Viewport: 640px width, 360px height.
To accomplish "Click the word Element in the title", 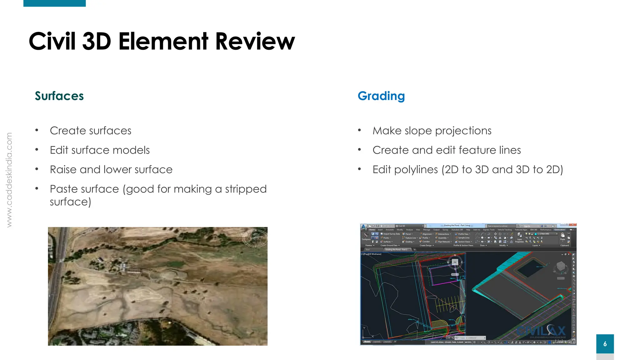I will pos(163,41).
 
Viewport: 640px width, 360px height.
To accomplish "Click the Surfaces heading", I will pos(59,96).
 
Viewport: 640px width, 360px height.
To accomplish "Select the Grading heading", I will pos(381,96).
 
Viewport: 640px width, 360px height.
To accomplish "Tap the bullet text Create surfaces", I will pos(91,131).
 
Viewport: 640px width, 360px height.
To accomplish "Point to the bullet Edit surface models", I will pos(100,150).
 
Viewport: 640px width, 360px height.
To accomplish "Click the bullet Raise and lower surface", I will pos(111,170).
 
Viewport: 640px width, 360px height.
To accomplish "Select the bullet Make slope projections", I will pos(432,131).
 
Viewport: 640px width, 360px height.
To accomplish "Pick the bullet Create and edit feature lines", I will pos(447,150).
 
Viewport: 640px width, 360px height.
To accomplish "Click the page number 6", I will pos(605,344).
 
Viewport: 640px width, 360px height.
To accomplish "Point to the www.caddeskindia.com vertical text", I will pos(9,180).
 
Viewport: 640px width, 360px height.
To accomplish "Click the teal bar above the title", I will pos(54,3).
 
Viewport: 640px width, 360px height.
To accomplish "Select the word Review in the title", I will pos(255,41).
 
